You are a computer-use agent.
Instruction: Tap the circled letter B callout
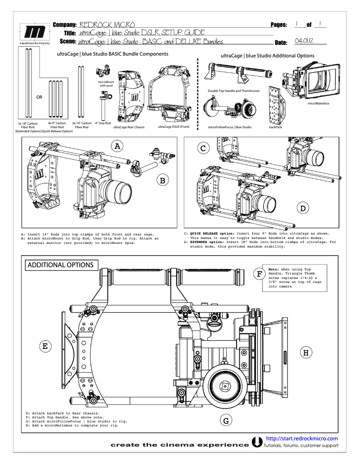(162, 181)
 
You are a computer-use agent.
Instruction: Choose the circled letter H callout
(306, 352)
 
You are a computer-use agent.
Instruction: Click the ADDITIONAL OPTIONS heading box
(61, 265)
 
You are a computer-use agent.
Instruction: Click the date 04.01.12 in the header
(303, 41)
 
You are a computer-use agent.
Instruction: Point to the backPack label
(275, 127)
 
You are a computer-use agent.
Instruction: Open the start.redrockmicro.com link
(302, 438)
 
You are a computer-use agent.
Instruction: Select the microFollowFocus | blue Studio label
(229, 127)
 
